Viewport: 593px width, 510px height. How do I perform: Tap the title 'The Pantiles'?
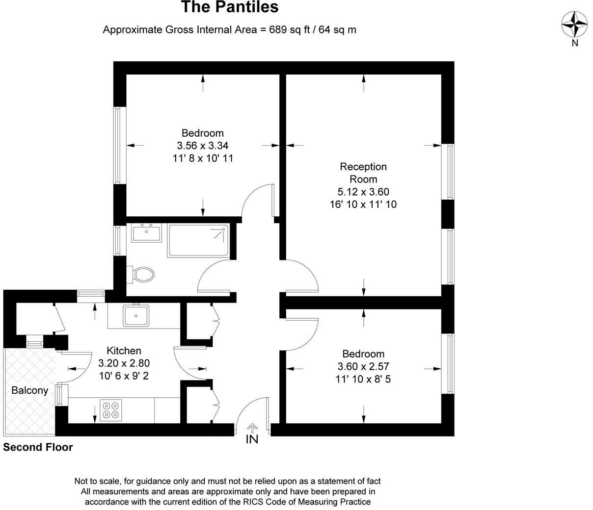coord(230,7)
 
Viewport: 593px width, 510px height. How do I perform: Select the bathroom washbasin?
coord(146,233)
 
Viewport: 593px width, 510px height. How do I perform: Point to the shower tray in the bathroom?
coord(198,240)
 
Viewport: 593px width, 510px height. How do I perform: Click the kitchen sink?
coord(136,316)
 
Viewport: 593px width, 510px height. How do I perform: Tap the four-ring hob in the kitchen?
coord(111,410)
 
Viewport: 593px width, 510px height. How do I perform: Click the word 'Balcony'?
coord(30,391)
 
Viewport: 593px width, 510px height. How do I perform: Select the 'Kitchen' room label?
coord(124,351)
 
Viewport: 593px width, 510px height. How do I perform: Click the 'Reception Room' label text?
coord(363,173)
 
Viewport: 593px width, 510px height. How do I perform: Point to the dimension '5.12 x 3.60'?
coord(363,192)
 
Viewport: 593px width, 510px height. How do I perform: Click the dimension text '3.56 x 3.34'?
coord(203,146)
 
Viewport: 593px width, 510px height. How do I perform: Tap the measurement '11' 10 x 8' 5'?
coord(363,379)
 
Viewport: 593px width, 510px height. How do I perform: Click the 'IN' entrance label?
coord(252,439)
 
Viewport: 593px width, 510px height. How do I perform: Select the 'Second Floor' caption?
coord(38,447)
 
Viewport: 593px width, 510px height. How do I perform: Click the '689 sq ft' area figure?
coord(290,29)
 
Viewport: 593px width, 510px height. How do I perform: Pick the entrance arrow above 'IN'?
coord(252,428)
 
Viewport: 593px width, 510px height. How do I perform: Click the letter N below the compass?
coord(575,43)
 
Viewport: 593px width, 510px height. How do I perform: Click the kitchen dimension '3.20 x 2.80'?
coord(124,363)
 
